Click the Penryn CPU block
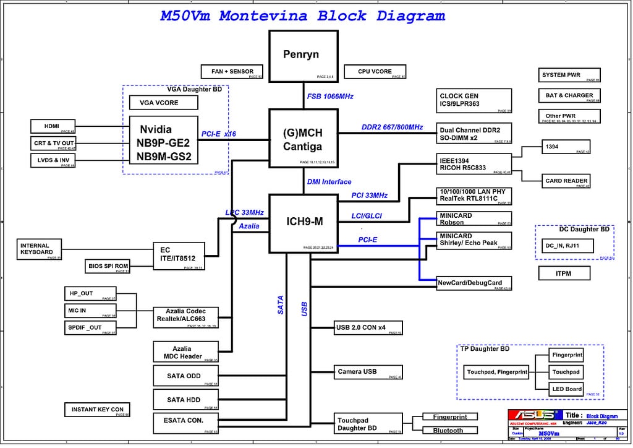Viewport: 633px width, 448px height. [302, 56]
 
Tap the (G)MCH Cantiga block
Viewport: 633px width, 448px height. [303, 138]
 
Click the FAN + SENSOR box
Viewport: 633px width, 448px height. [232, 72]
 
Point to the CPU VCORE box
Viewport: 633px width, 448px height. [375, 72]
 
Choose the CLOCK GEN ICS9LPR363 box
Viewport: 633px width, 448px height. [474, 100]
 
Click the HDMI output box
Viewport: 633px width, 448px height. [53, 126]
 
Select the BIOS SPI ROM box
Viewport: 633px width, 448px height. [108, 267]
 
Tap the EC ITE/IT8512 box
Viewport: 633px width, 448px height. [179, 256]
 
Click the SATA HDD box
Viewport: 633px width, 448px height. [185, 400]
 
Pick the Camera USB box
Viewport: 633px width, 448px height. [368, 372]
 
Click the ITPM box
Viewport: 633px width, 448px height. [563, 273]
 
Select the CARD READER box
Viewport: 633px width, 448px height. [566, 181]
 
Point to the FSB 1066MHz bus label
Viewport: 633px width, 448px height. [330, 97]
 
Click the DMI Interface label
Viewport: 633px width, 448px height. [329, 182]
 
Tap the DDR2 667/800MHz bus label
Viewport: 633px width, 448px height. [392, 127]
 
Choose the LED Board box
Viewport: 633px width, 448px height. [566, 389]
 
